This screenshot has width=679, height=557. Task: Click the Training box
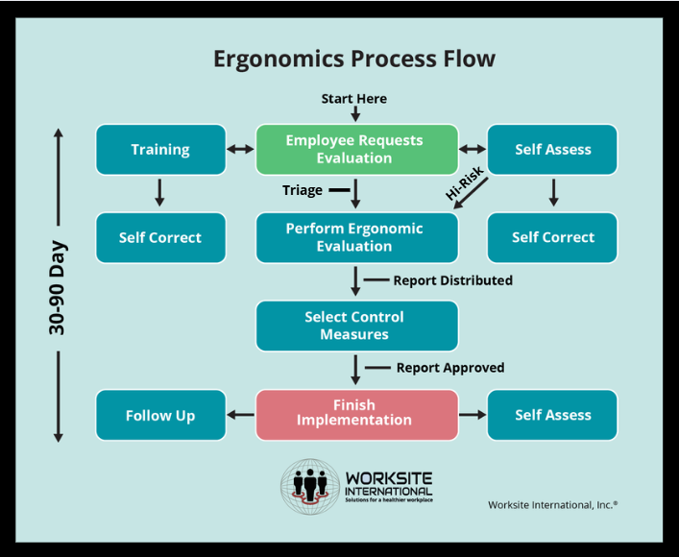pos(160,150)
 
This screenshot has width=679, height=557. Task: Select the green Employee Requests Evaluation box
pos(357,150)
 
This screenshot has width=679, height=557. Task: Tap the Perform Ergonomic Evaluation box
pos(357,238)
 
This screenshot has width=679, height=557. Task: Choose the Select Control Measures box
pos(357,326)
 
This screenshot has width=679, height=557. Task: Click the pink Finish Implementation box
pos(357,415)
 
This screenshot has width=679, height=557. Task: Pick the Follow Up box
pos(160,415)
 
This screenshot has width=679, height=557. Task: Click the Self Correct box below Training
pos(160,238)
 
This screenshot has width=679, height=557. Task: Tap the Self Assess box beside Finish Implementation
pos(552,415)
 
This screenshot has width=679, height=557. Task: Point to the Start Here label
pos(354,99)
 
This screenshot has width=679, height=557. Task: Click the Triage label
pos(303,190)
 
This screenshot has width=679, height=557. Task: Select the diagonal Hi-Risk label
pos(465,184)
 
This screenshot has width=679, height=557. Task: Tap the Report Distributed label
pos(453,280)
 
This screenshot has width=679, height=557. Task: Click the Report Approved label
pos(450,368)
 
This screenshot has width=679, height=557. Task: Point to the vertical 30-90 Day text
pos(57,287)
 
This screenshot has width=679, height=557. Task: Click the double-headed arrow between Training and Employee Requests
pos(241,150)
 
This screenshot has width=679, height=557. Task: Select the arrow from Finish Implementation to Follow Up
pos(241,415)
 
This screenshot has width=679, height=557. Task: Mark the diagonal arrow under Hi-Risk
pos(471,193)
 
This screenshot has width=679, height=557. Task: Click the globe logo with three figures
pos(310,487)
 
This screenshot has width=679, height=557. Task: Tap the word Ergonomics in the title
pos(279,59)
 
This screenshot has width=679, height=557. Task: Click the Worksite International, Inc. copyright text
pos(552,505)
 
